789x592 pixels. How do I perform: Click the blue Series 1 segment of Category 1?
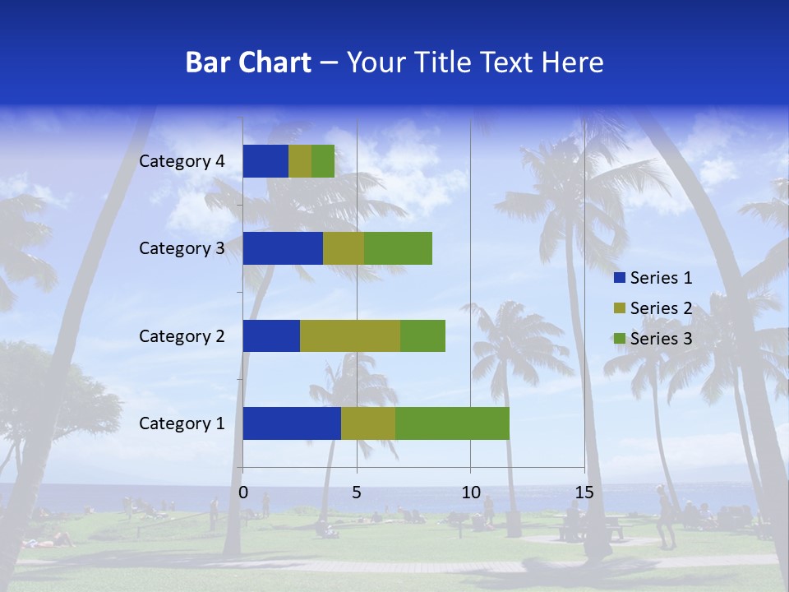(x=292, y=423)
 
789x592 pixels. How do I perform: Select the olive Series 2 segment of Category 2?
(x=350, y=335)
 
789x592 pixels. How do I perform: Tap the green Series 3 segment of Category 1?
(x=452, y=423)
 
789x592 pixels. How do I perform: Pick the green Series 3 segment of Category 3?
(x=398, y=248)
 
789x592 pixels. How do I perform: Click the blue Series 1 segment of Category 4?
(x=265, y=161)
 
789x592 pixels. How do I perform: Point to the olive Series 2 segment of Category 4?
(x=300, y=161)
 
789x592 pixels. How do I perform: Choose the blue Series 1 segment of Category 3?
(x=283, y=248)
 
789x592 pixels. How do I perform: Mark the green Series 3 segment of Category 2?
(x=422, y=335)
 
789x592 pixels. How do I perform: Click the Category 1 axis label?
(x=182, y=423)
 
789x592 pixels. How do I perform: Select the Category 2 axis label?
(x=182, y=335)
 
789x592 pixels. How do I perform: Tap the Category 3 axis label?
(x=182, y=248)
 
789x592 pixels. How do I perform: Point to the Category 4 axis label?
(x=182, y=161)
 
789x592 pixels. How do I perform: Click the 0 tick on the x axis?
(x=243, y=493)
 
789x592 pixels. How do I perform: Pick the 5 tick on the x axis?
(x=357, y=493)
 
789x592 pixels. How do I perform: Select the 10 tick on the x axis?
(x=470, y=493)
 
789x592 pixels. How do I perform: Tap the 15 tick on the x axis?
(x=584, y=493)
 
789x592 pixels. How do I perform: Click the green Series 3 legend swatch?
(x=619, y=339)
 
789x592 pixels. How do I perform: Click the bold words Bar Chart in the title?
(x=248, y=62)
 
